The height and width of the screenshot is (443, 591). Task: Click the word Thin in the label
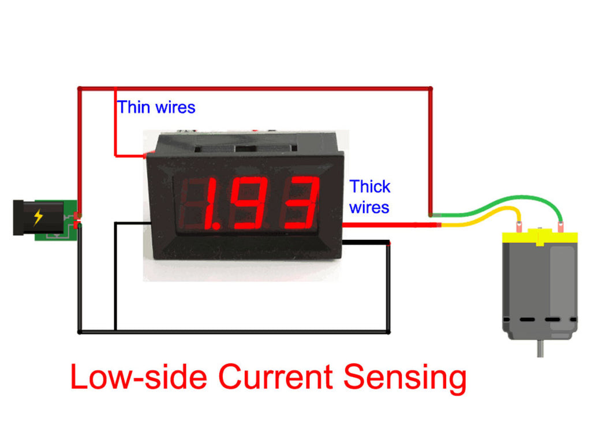pos(133,107)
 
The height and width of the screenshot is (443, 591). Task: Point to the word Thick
pos(370,187)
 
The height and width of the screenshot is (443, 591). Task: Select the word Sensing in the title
pos(405,378)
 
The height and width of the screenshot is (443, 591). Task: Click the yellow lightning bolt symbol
pos(38,217)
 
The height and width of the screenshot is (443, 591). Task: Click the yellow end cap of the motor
pos(539,236)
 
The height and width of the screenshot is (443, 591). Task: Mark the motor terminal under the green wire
pos(559,228)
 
